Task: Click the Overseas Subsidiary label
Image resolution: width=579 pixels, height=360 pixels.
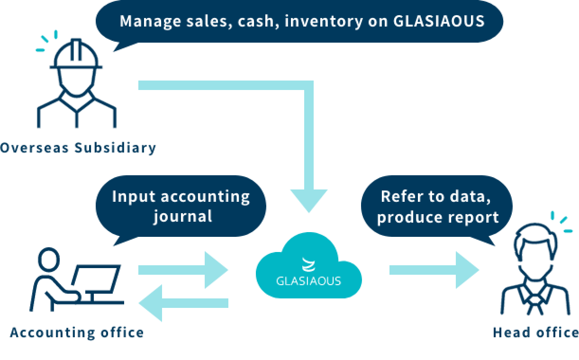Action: [78, 148]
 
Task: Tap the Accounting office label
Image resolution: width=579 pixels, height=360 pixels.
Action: [77, 333]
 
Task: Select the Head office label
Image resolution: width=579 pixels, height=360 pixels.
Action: [535, 333]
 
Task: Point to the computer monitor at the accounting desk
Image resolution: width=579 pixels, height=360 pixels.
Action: [97, 279]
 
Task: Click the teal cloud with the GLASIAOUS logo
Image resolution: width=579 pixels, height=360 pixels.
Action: [308, 268]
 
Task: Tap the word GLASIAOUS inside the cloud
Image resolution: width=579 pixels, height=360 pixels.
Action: [308, 280]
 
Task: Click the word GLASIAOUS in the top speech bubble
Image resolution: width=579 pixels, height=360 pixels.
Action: [439, 21]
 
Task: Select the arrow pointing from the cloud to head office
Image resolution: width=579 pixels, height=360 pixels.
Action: [434, 270]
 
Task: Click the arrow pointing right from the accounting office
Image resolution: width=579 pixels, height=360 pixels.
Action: [182, 270]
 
